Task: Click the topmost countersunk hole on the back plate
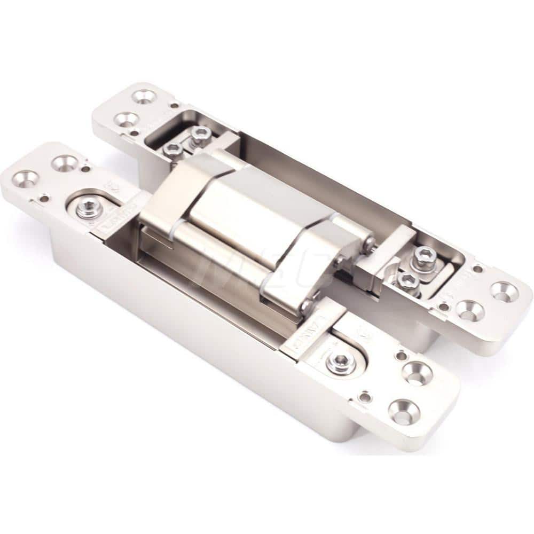click(x=144, y=97)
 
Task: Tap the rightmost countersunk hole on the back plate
click(x=505, y=292)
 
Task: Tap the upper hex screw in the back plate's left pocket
click(x=200, y=133)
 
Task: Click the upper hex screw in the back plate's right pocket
click(x=423, y=255)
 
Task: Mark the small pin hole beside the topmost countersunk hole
click(x=173, y=105)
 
